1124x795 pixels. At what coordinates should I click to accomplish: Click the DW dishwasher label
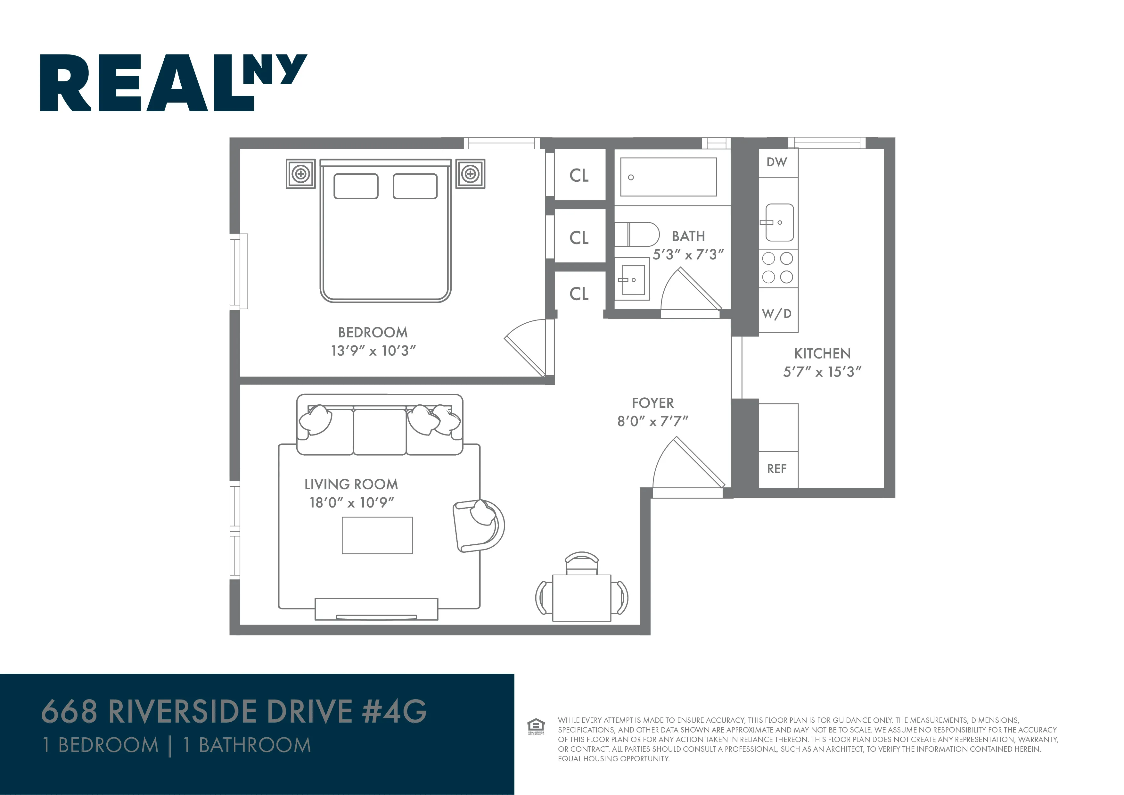[776, 162]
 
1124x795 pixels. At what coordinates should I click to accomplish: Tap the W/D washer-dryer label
[776, 313]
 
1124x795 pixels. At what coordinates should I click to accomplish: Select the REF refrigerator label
[776, 469]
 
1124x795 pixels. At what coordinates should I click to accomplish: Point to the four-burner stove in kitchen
[777, 268]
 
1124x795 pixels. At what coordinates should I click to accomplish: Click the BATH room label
[688, 236]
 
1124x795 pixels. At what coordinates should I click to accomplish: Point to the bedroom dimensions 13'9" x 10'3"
[373, 351]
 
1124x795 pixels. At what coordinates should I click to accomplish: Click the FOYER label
[652, 403]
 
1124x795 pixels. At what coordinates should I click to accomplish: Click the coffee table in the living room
[377, 535]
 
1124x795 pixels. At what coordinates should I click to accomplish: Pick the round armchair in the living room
[479, 526]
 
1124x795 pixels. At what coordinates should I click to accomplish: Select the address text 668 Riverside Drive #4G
[234, 711]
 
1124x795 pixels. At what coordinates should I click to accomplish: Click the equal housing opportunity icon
[536, 726]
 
